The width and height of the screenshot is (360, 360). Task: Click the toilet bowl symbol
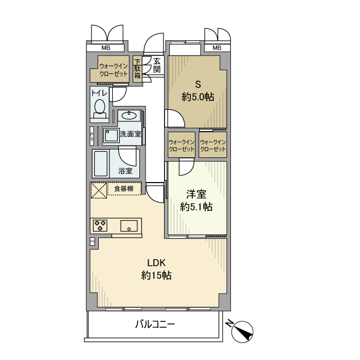pyautogui.click(x=100, y=109)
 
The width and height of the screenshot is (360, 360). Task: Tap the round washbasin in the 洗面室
pyautogui.click(x=129, y=115)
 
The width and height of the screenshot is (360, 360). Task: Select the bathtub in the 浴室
pyautogui.click(x=101, y=164)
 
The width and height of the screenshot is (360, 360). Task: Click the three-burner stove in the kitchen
pyautogui.click(x=100, y=225)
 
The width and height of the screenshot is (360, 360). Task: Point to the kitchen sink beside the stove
pyautogui.click(x=129, y=226)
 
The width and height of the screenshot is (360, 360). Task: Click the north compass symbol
pyautogui.click(x=242, y=332)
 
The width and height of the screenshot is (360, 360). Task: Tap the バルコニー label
pyautogui.click(x=155, y=325)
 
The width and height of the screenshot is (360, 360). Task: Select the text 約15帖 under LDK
pyautogui.click(x=156, y=275)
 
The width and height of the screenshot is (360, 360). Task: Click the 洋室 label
pyautogui.click(x=196, y=194)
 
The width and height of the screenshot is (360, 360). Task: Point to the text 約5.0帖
pyautogui.click(x=198, y=97)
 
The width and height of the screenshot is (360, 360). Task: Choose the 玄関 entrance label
pyautogui.click(x=157, y=65)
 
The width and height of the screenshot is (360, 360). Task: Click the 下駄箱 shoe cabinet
pyautogui.click(x=137, y=69)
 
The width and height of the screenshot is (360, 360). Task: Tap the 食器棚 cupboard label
pyautogui.click(x=124, y=189)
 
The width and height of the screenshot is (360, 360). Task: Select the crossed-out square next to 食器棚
pyautogui.click(x=99, y=190)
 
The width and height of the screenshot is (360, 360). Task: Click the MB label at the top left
pyautogui.click(x=106, y=48)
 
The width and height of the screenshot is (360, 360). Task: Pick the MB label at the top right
pyautogui.click(x=217, y=48)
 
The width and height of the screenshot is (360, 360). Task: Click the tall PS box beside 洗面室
pyautogui.click(x=92, y=136)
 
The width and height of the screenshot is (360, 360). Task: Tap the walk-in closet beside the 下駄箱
pyautogui.click(x=110, y=69)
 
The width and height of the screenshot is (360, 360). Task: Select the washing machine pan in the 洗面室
pyautogui.click(x=111, y=136)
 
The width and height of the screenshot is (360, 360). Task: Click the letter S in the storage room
pyautogui.click(x=198, y=84)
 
